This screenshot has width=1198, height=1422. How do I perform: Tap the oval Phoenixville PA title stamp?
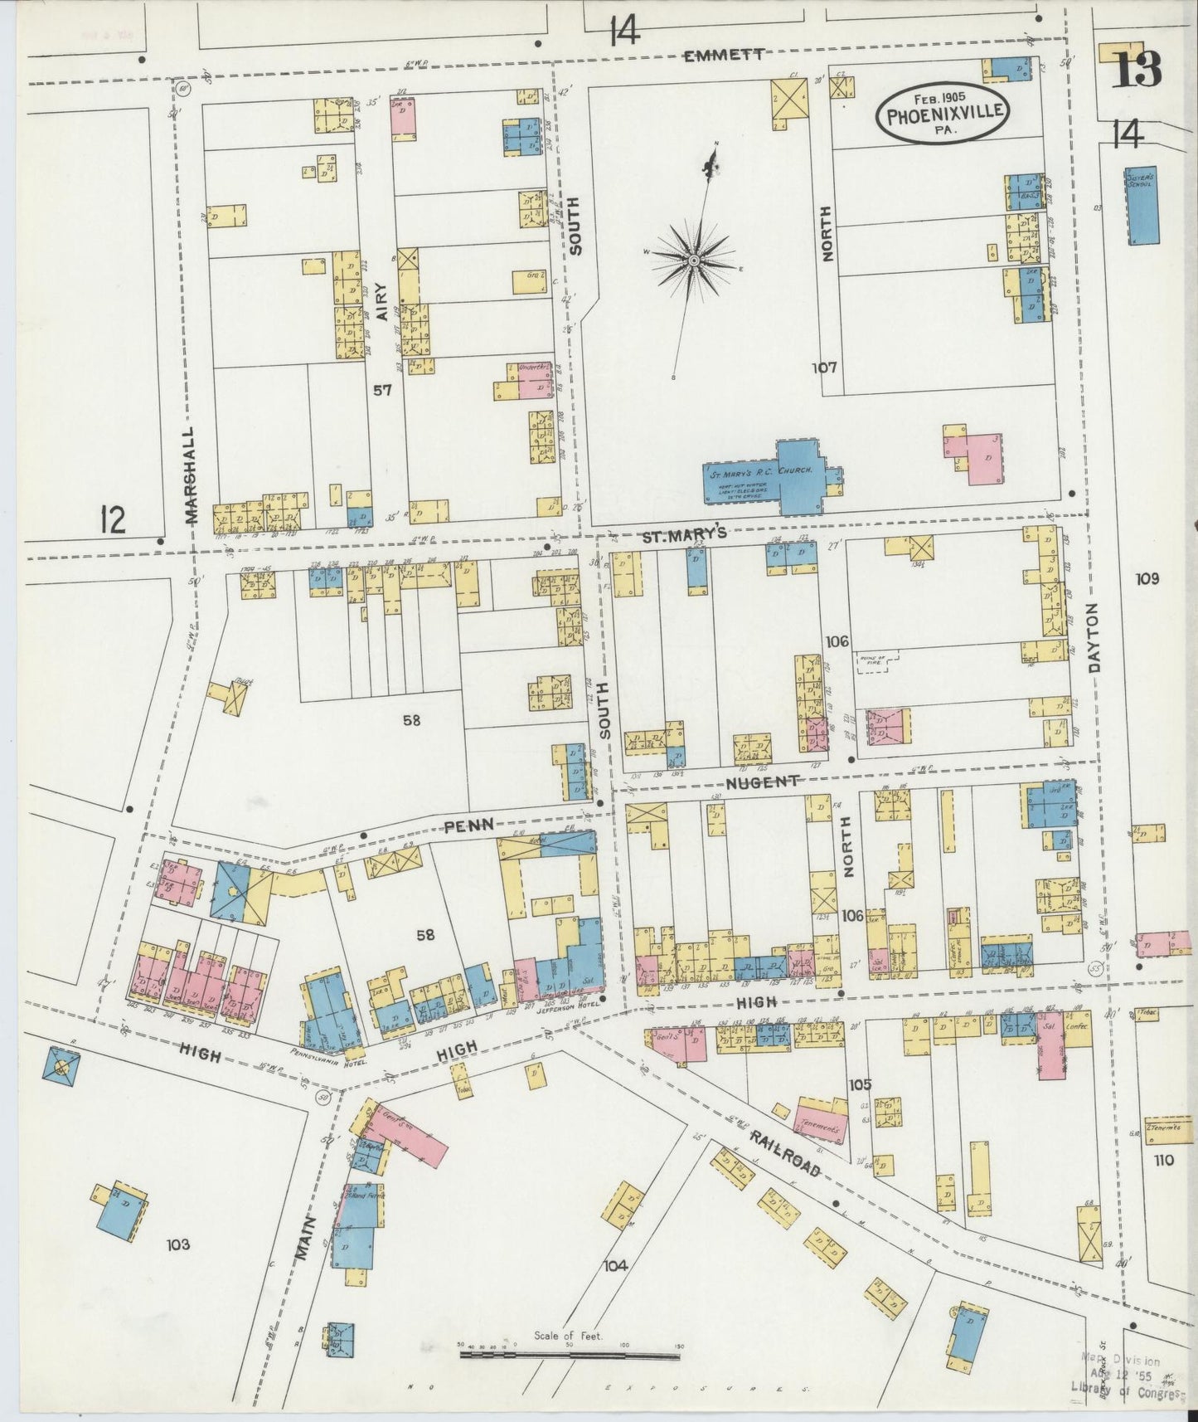945,114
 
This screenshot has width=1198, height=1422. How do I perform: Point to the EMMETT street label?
724,56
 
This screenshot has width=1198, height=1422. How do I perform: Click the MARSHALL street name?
192,475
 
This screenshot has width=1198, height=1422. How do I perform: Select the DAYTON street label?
1096,637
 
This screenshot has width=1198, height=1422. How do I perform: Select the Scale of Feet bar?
570,1356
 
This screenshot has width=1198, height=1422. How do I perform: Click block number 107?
825,367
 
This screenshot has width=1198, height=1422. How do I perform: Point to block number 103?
177,1244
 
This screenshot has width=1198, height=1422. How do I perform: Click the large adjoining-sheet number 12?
112,520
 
